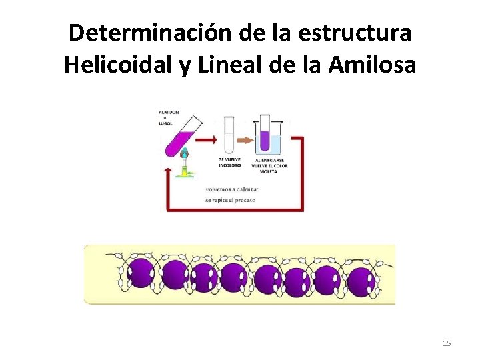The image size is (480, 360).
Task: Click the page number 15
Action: pyautogui.click(x=447, y=343)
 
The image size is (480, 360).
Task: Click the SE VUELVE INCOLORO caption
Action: pyautogui.click(x=230, y=163)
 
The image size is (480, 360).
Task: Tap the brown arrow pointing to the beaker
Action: pyautogui.click(x=245, y=141)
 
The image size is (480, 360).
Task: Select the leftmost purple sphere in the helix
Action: pyautogui.click(x=141, y=274)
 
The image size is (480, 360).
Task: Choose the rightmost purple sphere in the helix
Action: pyautogui.click(x=361, y=281)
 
